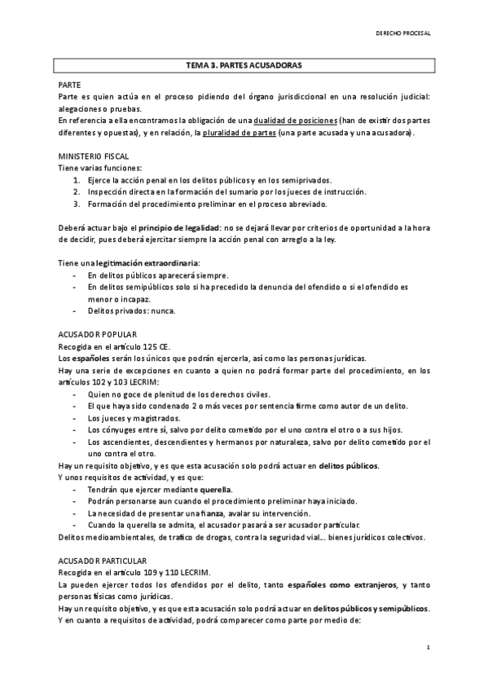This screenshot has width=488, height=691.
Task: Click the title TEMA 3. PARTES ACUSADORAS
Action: coord(244,64)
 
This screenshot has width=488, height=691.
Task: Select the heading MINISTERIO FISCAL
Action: coord(93,156)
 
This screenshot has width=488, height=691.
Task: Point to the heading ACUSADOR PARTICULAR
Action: coord(103,561)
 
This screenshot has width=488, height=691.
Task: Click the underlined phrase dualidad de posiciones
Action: coord(294,120)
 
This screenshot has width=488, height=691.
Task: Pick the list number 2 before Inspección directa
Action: coord(76,191)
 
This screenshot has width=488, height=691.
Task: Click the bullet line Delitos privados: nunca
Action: coord(130,311)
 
